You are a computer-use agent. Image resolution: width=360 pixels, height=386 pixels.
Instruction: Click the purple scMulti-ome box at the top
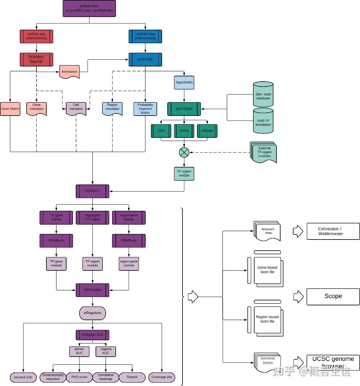coord(89,8)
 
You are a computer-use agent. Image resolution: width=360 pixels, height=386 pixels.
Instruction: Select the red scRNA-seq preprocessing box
coord(36,36)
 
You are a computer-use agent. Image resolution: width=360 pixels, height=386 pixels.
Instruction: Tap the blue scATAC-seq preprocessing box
coord(145,36)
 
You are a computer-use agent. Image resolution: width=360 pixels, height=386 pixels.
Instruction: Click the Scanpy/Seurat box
coord(36,59)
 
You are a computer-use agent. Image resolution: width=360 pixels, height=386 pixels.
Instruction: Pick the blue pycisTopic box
coord(145,59)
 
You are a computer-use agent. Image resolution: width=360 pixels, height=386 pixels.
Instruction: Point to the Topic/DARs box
coord(184,83)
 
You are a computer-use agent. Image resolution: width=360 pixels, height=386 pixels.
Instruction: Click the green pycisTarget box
coord(184,109)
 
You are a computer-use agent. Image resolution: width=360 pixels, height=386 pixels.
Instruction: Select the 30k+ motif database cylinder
coord(263,95)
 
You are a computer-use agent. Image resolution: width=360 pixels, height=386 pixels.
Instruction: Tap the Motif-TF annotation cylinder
coord(263,121)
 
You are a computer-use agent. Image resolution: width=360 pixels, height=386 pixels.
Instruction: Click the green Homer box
coord(184,131)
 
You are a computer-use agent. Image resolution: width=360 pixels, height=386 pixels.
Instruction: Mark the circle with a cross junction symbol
coord(184,152)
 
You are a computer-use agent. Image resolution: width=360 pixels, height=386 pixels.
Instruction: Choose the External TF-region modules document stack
coord(264,152)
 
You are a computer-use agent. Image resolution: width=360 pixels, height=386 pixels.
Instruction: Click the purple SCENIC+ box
coord(92,191)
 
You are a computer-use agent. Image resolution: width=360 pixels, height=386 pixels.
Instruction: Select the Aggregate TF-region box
coord(92,217)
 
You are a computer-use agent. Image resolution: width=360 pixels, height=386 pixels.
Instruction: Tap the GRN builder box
coord(92,290)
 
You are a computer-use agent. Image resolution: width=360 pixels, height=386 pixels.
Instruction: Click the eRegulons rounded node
coord(92,313)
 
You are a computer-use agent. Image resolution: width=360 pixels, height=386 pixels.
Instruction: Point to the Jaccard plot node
coord(23,377)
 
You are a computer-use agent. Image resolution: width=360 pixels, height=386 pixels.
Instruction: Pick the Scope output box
coord(333,296)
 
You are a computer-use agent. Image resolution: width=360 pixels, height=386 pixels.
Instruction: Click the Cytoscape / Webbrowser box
coord(333,231)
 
